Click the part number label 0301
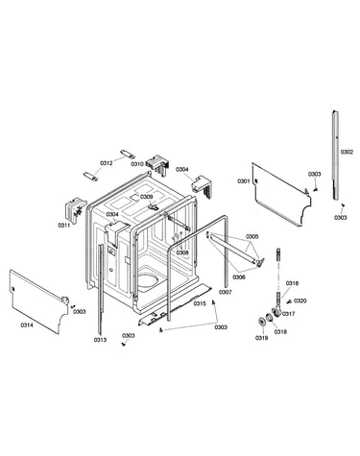[243, 181]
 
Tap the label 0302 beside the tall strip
[347, 152]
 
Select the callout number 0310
[137, 164]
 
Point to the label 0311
[64, 226]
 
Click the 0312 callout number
[107, 163]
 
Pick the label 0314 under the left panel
[27, 325]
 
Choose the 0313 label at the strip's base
[100, 340]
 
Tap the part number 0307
[226, 292]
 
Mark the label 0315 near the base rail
[200, 303]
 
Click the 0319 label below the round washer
[261, 338]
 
